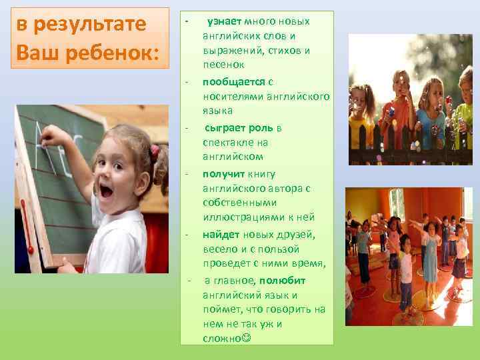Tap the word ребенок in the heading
coord(107,53)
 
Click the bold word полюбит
coord(282,280)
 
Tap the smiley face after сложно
coord(248,339)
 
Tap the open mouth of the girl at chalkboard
coord(105,191)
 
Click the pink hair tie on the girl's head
coord(155,151)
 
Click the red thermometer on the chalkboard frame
coord(27,227)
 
